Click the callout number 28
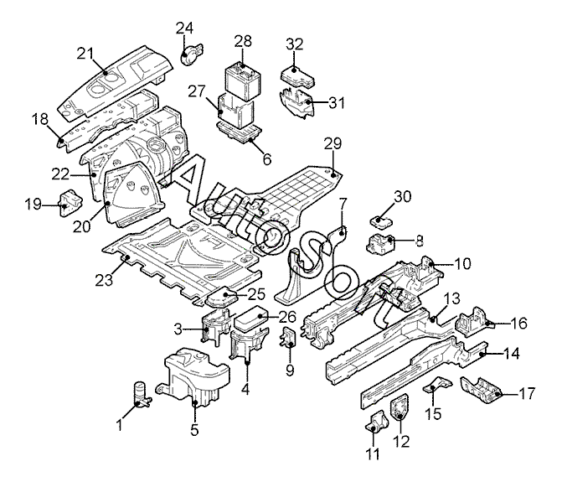(x=243, y=42)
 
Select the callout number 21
(x=85, y=54)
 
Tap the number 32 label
(x=295, y=44)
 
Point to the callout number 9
(x=290, y=370)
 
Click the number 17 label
(x=527, y=393)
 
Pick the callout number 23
(x=104, y=280)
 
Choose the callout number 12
(x=401, y=442)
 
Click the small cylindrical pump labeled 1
(x=142, y=395)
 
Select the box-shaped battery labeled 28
(x=243, y=82)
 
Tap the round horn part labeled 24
(x=191, y=54)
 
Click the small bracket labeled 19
(x=70, y=204)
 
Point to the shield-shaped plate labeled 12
(x=400, y=407)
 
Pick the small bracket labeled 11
(x=376, y=422)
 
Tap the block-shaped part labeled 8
(x=381, y=244)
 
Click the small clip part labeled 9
(x=288, y=337)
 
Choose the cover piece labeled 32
(x=296, y=75)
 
